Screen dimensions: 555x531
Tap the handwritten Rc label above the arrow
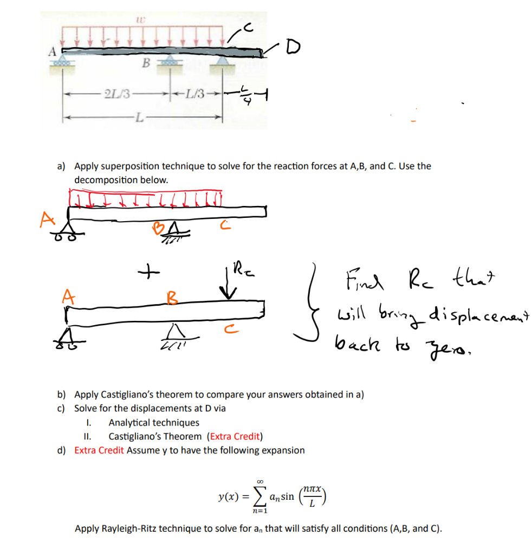(x=238, y=268)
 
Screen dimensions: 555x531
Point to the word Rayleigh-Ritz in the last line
(x=128, y=528)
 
